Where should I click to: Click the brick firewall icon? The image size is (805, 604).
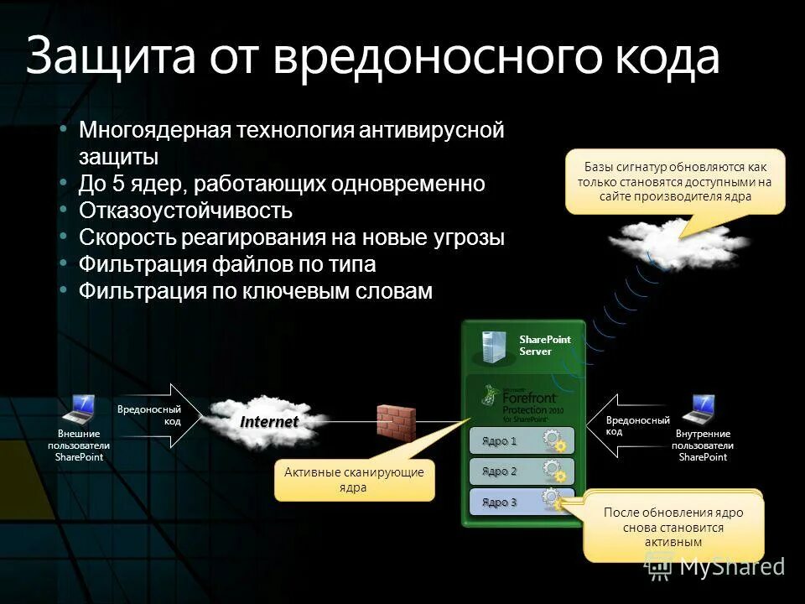(x=396, y=422)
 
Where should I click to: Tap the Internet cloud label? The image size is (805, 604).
(x=269, y=421)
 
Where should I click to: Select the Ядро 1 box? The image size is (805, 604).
(x=521, y=440)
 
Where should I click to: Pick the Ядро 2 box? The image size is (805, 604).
(x=521, y=471)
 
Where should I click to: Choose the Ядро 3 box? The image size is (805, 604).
(x=521, y=502)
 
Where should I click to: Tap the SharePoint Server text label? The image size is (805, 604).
(x=545, y=345)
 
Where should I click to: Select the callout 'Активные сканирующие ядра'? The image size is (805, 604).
(x=354, y=480)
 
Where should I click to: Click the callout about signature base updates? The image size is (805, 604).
(x=675, y=181)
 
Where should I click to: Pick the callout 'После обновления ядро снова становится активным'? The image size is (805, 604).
(x=673, y=527)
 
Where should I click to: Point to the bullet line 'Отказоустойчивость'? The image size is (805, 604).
(x=185, y=210)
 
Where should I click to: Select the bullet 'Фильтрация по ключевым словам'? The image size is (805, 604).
(x=256, y=291)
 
